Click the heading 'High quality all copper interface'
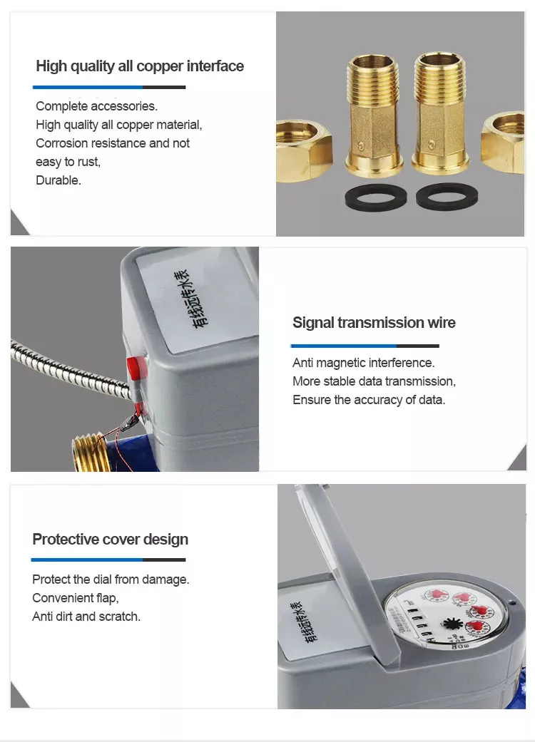(x=139, y=66)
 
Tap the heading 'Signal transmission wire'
(x=374, y=323)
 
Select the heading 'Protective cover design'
(x=110, y=539)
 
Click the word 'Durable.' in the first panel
(x=58, y=180)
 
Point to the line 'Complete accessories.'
(x=96, y=106)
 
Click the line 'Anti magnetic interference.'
(x=363, y=363)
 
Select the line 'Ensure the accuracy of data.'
(x=368, y=400)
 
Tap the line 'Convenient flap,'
(x=76, y=598)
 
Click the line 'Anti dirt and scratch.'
(x=86, y=617)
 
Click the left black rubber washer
(x=374, y=197)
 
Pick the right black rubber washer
(x=447, y=196)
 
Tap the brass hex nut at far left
(x=302, y=150)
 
